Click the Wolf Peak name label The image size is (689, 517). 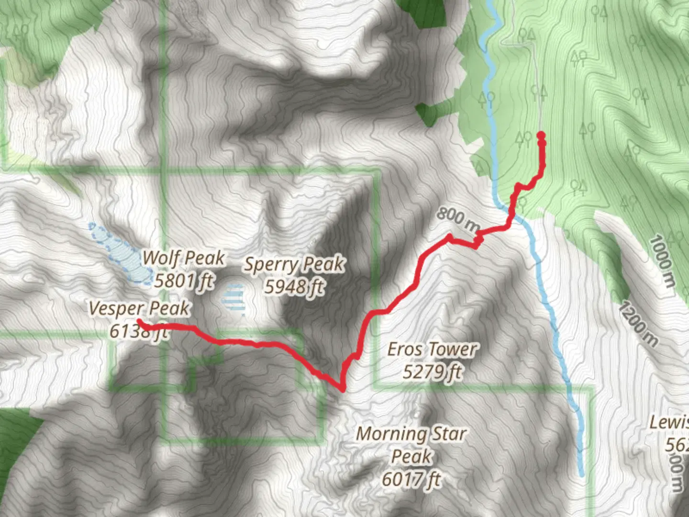pos(184,258)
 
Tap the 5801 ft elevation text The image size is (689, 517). pos(184,281)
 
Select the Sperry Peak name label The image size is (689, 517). pos(294,264)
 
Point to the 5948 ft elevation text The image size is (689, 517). pos(294,287)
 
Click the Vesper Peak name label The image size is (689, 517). pos(139,309)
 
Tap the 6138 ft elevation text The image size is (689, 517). pos(138,331)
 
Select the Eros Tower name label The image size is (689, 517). pos(432,349)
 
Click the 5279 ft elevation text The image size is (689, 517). pos(432,371)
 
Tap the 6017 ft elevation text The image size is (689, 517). pos(411,479)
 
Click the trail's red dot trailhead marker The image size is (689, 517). pos(541,136)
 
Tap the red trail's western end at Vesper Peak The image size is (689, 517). pos(139,321)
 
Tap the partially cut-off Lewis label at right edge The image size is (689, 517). pos(670,423)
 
